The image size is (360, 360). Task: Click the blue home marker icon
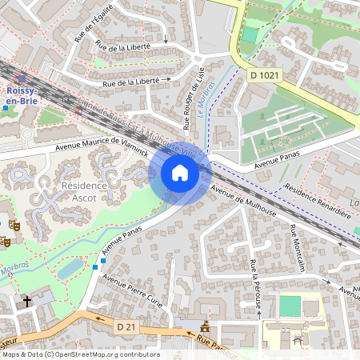pos(180,173)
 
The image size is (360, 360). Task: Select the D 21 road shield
pos(126,326)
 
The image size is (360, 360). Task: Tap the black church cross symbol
pos(27,301)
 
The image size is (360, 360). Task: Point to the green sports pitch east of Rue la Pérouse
pos(290,306)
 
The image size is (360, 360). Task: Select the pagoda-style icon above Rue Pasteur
pos(206,327)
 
